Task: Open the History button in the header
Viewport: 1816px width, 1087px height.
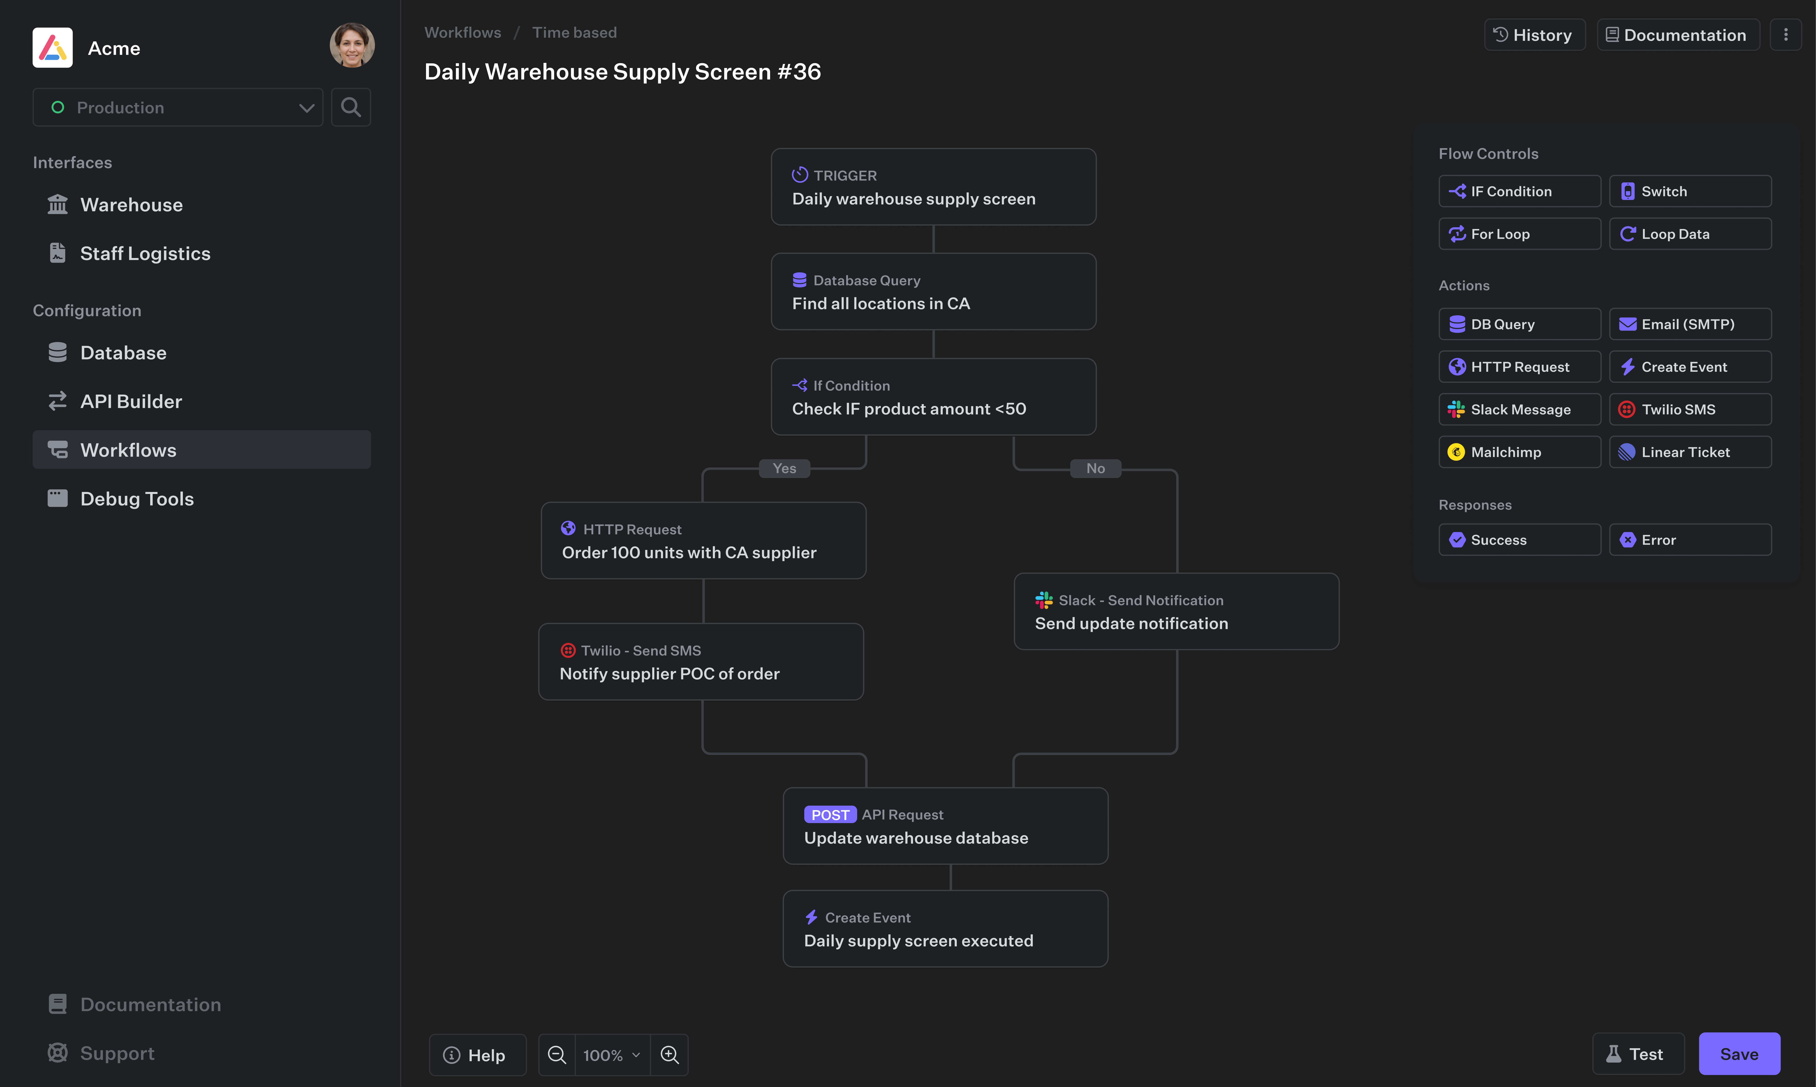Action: click(x=1534, y=35)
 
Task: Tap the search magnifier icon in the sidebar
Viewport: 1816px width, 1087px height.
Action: click(x=351, y=108)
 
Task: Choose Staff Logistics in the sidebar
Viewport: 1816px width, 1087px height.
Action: click(x=145, y=253)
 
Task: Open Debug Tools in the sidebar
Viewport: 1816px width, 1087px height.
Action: click(x=137, y=499)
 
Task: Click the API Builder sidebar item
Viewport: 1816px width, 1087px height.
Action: click(x=131, y=401)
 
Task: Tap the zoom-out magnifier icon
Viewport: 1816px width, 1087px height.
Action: click(x=557, y=1055)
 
